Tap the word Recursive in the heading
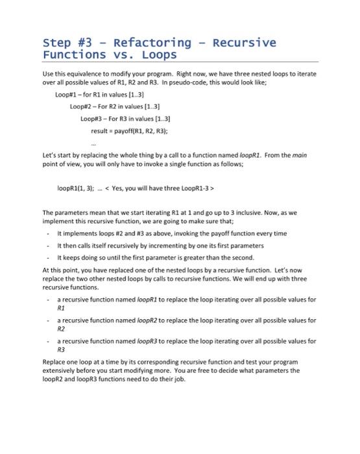tap(245, 43)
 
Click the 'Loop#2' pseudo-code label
tap(81, 106)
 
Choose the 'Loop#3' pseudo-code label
tap(91, 119)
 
